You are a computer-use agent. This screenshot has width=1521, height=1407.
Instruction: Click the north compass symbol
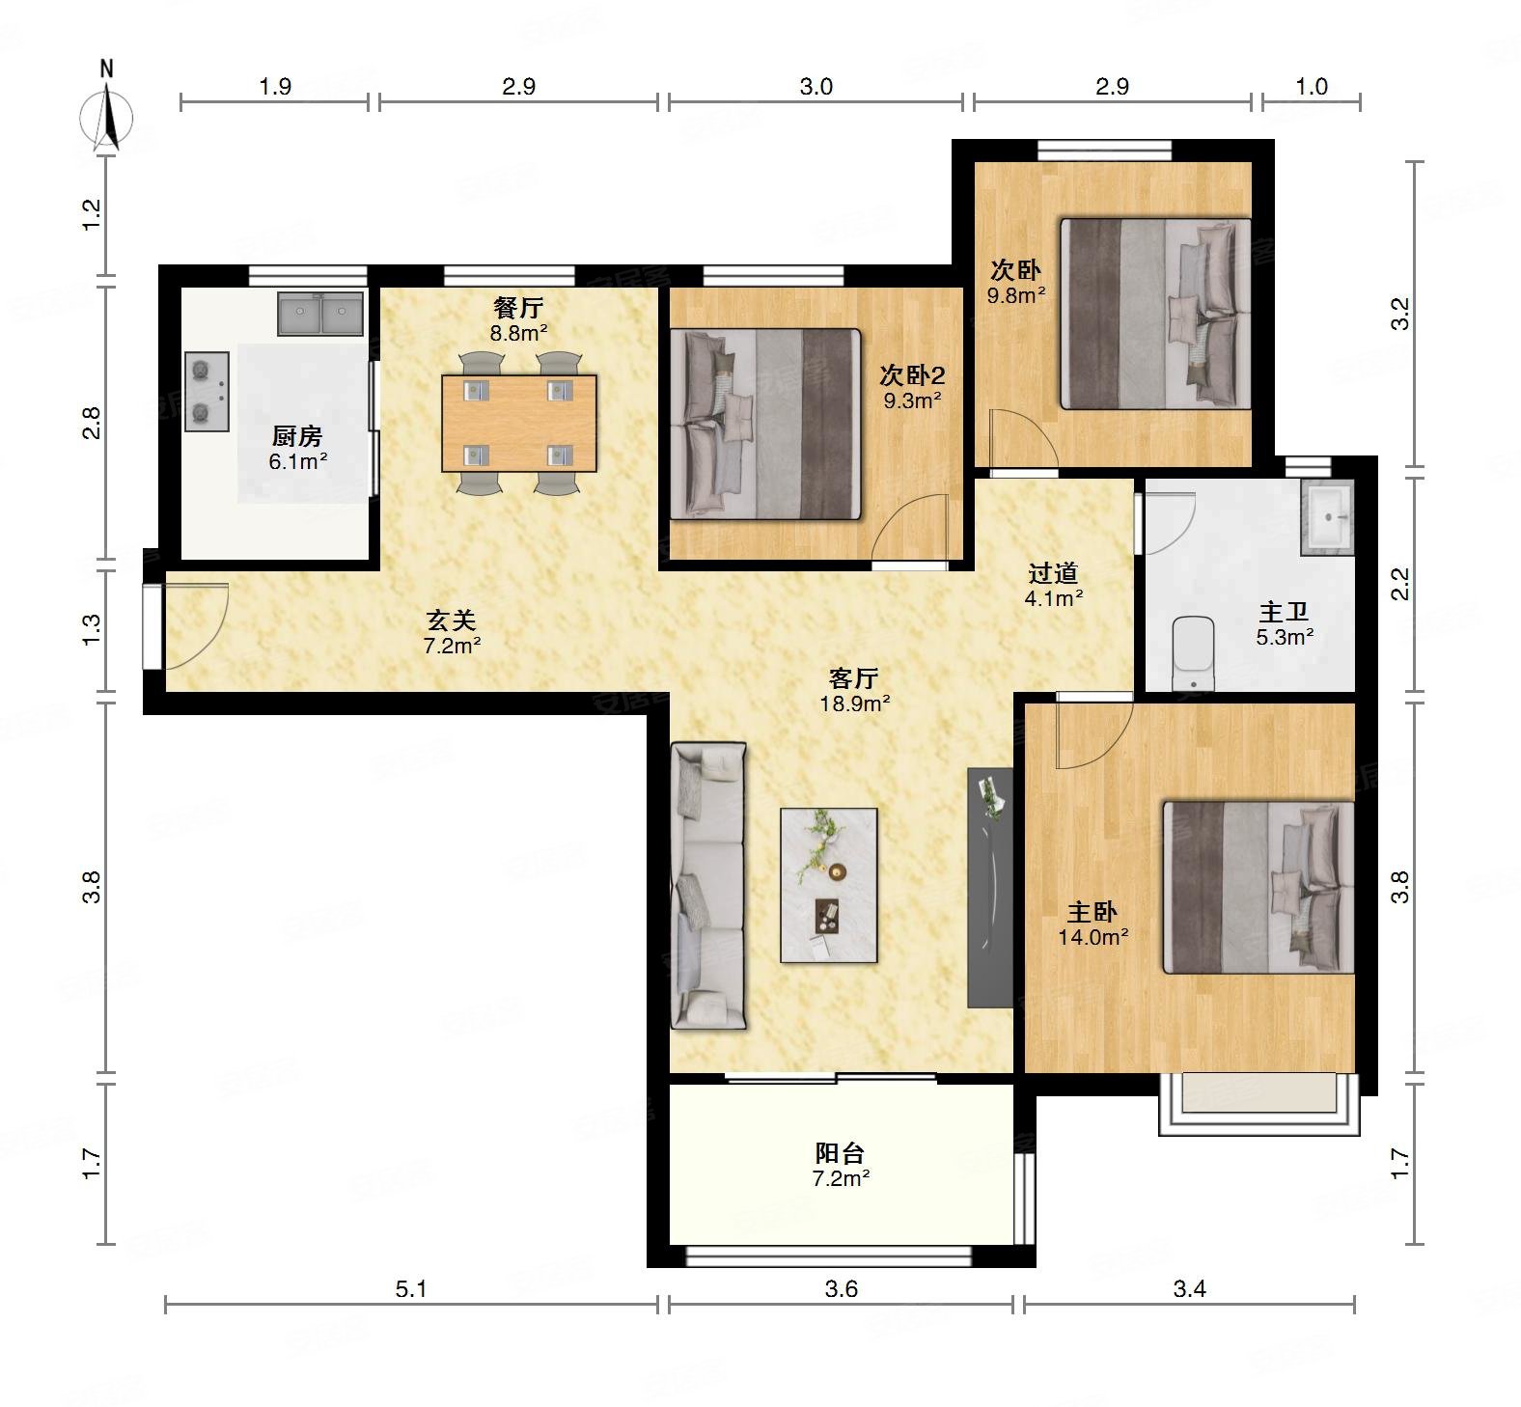[x=107, y=108]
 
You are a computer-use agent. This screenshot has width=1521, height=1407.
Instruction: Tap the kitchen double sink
[x=320, y=313]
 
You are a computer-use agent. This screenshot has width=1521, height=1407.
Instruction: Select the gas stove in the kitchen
[x=207, y=391]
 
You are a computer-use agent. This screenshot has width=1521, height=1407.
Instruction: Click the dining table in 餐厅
[x=519, y=423]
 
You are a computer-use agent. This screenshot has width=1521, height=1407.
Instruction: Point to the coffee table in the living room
[x=829, y=885]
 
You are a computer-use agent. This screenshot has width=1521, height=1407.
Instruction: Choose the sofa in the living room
[x=708, y=885]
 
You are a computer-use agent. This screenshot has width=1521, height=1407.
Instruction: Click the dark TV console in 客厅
[x=990, y=888]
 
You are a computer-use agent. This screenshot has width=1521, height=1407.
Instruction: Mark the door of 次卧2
[x=911, y=527]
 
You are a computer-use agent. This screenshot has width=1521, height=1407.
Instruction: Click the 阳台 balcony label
[x=840, y=1152]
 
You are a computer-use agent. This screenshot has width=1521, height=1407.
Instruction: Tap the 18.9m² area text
[x=855, y=703]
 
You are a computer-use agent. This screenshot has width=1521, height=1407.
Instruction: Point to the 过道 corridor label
[x=1053, y=573]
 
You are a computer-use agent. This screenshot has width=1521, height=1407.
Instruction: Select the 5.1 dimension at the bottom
[x=411, y=1288]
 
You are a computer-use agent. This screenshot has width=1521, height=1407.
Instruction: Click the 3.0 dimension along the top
[x=816, y=87]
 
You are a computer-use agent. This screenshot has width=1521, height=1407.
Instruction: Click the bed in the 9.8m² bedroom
[x=1156, y=314]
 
